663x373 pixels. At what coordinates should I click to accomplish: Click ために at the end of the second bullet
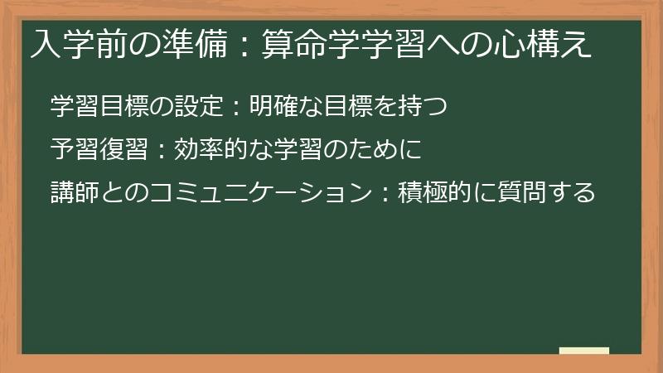click(x=390, y=150)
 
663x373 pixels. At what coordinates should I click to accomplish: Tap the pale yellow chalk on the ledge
click(x=584, y=351)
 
